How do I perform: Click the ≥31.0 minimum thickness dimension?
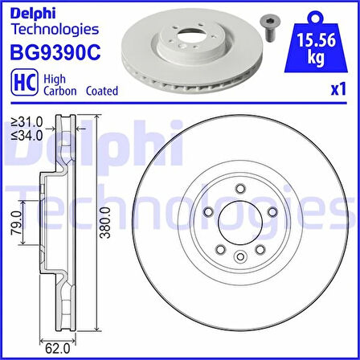click(x=25, y=122)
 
